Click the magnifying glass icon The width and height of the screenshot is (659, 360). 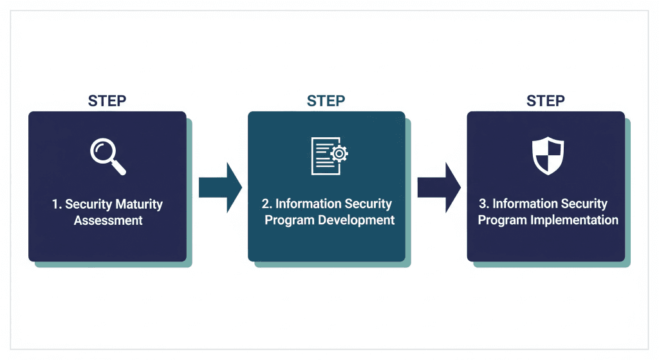[x=107, y=155]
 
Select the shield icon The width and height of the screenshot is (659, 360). [x=547, y=155]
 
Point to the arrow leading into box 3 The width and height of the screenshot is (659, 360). [x=439, y=187]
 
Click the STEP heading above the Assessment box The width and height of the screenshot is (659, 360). [x=107, y=101]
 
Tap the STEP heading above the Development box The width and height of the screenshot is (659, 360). [x=326, y=101]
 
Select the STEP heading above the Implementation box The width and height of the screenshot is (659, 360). [x=546, y=101]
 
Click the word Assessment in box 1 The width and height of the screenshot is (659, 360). [x=107, y=221]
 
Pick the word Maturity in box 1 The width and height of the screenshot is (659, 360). [x=139, y=205]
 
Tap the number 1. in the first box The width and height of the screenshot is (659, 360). [x=57, y=205]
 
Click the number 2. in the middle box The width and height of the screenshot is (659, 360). [x=267, y=204]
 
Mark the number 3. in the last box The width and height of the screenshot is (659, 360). [x=484, y=204]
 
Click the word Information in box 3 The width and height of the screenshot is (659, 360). [x=523, y=204]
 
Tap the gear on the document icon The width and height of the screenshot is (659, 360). [x=339, y=153]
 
